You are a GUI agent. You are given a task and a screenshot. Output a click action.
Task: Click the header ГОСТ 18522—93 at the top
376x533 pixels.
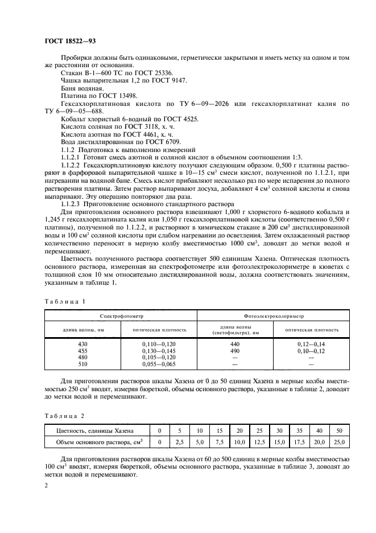tap(71, 40)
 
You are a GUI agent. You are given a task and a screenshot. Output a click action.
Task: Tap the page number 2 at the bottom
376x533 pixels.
tap(46, 486)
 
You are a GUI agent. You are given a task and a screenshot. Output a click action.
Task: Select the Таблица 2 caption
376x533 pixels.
tap(64, 415)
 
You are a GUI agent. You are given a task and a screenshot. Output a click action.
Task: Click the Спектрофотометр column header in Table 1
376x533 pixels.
tap(121, 315)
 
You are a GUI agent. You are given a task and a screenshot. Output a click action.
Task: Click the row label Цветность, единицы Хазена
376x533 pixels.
tap(96, 430)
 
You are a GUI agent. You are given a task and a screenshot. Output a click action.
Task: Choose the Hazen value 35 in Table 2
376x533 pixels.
tap(300, 430)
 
